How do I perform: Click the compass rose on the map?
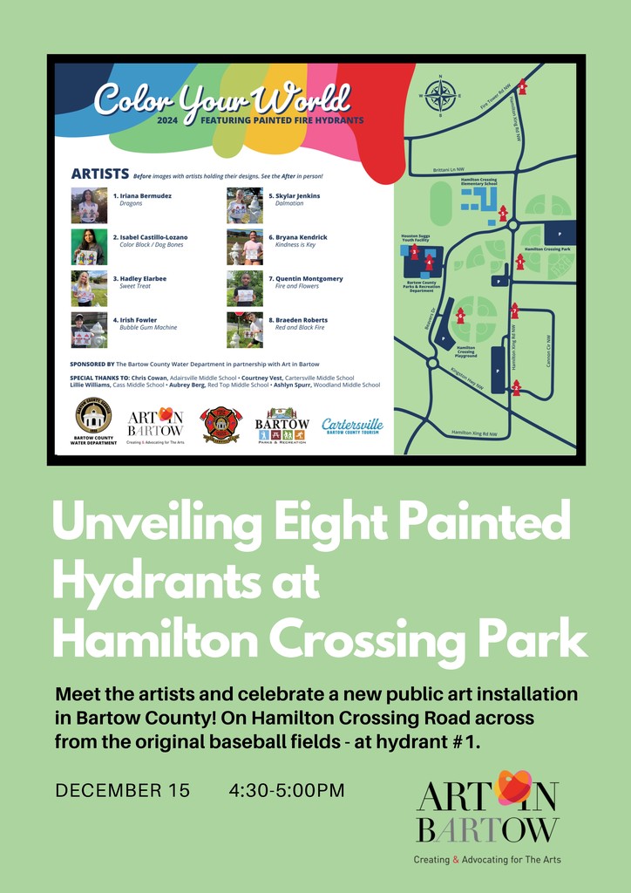coord(441,95)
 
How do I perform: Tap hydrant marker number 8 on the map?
coord(523,86)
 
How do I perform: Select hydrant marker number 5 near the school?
coord(503,214)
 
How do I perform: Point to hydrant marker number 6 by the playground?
coord(460,316)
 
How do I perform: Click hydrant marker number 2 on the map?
coord(516,388)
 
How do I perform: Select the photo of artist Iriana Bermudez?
coord(89,206)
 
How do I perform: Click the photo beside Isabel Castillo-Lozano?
coord(89,247)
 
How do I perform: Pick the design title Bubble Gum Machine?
coord(148,328)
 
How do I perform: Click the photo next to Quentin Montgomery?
coord(245,289)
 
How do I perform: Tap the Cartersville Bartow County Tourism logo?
coord(352,426)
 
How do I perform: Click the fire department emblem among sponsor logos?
coord(220,425)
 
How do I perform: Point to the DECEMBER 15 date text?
coord(122,791)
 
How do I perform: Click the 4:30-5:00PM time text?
coord(287,791)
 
